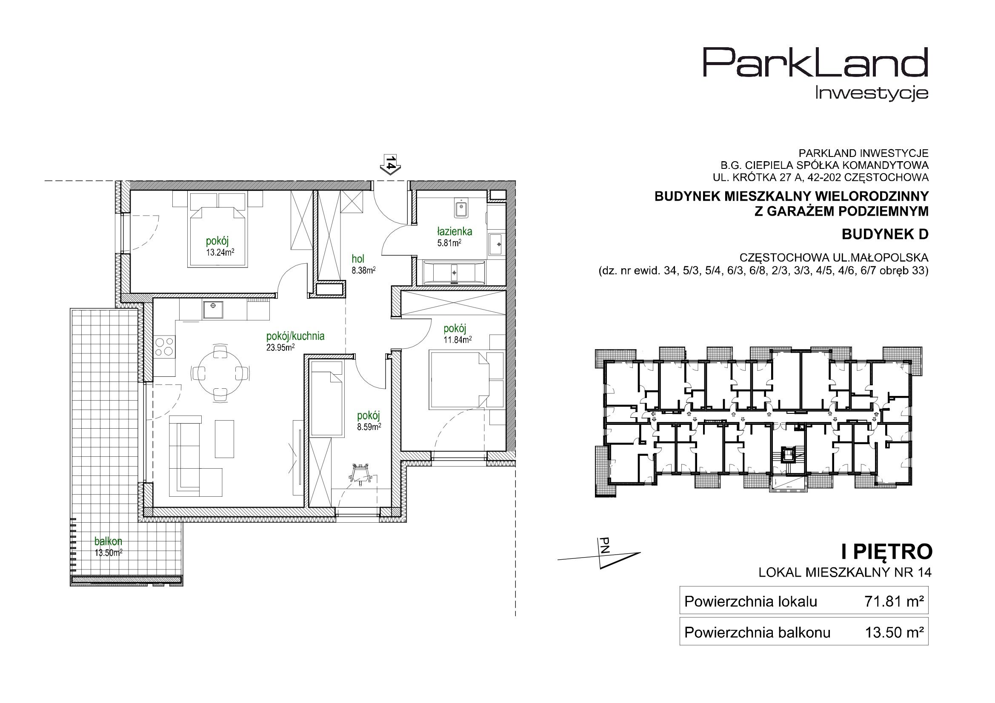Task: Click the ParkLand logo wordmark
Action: click(x=815, y=75)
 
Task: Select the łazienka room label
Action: click(x=455, y=232)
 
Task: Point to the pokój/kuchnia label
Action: click(x=295, y=336)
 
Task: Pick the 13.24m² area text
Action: click(x=220, y=253)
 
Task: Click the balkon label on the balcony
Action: click(x=108, y=541)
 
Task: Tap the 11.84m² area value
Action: click(x=457, y=339)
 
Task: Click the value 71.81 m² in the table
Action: click(x=894, y=602)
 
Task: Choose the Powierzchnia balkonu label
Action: click(x=758, y=633)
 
